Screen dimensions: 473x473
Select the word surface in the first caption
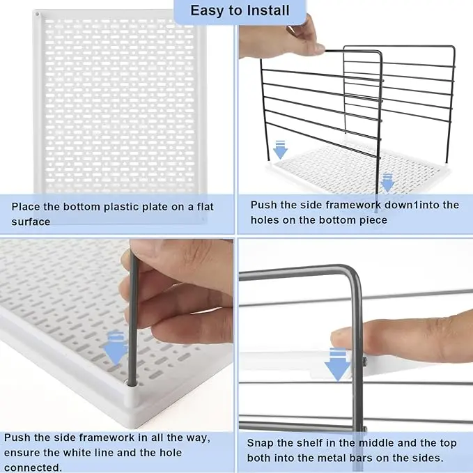[31, 222]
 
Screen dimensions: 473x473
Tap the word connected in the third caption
[33, 467]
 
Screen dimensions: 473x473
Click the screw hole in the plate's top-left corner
[38, 14]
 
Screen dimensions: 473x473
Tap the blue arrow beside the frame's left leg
[280, 150]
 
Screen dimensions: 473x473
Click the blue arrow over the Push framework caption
[387, 183]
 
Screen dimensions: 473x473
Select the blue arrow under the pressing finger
[338, 364]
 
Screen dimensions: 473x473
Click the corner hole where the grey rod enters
[132, 384]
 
